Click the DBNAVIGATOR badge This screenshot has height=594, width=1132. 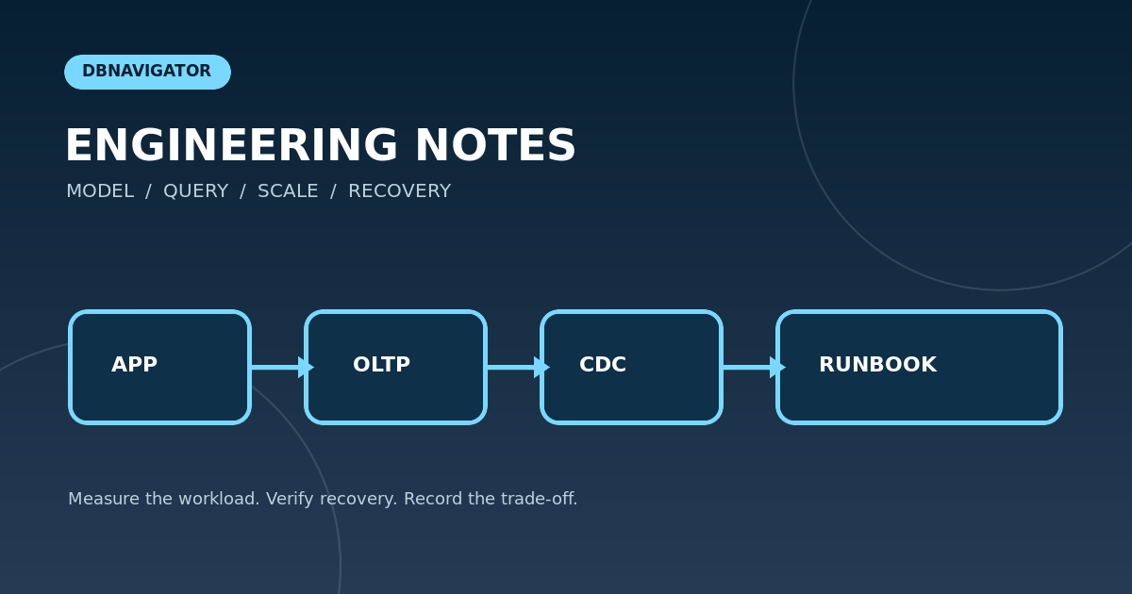(147, 72)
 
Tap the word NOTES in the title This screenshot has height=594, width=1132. (495, 145)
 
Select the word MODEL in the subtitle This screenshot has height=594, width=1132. (100, 191)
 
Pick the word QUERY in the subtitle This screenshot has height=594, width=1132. (195, 191)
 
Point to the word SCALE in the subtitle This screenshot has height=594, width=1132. (288, 191)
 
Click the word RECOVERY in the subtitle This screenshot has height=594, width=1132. (399, 191)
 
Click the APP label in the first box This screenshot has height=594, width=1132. (134, 364)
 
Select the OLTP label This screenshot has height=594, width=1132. (381, 364)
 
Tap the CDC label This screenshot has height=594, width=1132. (603, 364)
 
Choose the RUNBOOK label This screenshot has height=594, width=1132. (878, 364)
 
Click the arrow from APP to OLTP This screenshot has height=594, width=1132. (282, 367)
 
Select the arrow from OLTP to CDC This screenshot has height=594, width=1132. (519, 367)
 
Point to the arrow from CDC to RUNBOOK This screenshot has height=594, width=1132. (754, 367)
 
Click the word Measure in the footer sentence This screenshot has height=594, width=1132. (104, 499)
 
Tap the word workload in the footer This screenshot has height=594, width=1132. (219, 499)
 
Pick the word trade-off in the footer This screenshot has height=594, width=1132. (539, 499)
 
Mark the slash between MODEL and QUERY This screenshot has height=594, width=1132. (149, 192)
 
